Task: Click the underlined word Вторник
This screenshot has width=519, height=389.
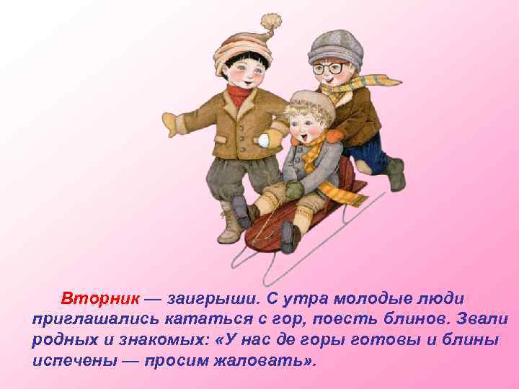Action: pyautogui.click(x=100, y=299)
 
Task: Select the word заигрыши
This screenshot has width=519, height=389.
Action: pyautogui.click(x=203, y=299)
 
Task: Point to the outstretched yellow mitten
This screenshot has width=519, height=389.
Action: pyautogui.click(x=173, y=122)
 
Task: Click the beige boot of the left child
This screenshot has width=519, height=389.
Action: pyautogui.click(x=231, y=226)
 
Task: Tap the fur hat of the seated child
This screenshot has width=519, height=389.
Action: pyautogui.click(x=309, y=104)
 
